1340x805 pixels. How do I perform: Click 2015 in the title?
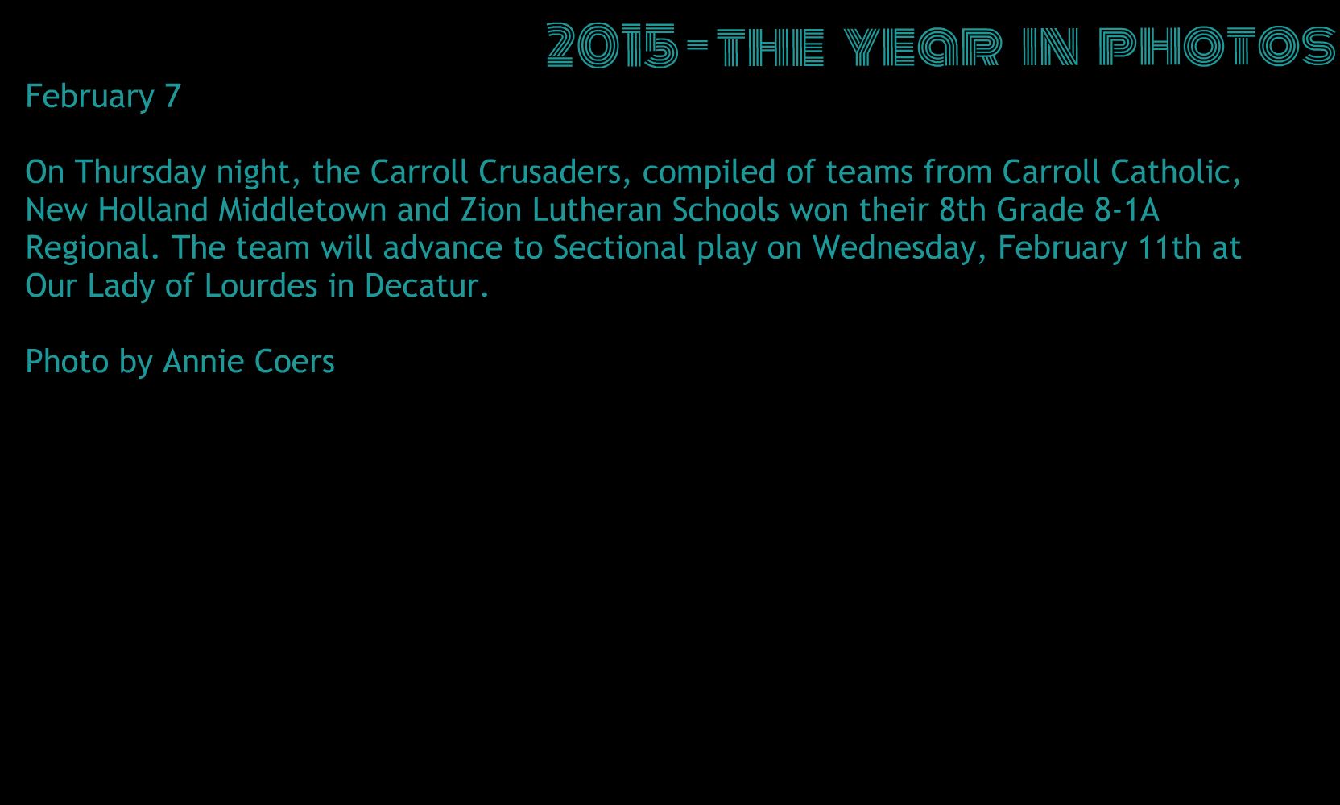613,45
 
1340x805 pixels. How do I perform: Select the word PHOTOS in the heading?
1217,46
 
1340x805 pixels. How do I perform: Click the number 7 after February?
173,96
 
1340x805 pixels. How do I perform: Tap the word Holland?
153,210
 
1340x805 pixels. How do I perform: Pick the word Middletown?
302,210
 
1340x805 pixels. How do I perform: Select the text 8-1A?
1127,210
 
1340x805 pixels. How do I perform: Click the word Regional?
93,247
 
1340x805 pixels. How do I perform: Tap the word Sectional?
619,247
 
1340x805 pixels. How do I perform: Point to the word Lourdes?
260,286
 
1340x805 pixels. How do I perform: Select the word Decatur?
427,286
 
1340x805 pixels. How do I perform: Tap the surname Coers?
294,362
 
